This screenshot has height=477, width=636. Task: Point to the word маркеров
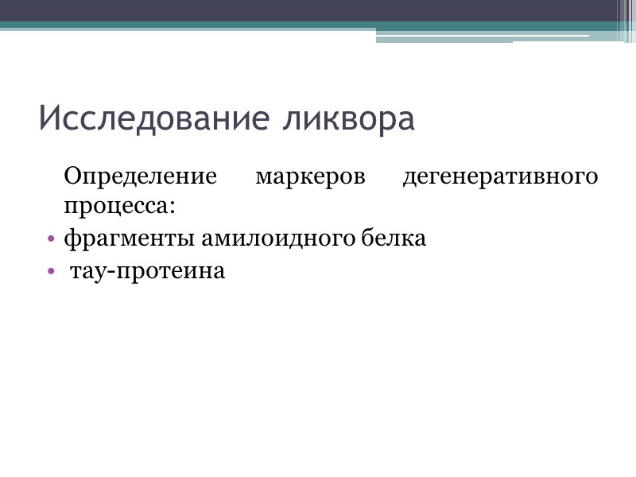pyautogui.click(x=310, y=176)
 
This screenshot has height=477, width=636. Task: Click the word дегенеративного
pyautogui.click(x=500, y=176)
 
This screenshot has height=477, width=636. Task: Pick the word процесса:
pyautogui.click(x=119, y=206)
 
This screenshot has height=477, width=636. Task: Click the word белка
pyautogui.click(x=399, y=238)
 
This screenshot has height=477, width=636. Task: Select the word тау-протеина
pyautogui.click(x=148, y=271)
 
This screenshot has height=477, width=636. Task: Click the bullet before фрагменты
pyautogui.click(x=51, y=238)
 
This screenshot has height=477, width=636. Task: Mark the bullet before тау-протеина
pyautogui.click(x=51, y=272)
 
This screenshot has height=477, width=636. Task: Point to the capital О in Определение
pyautogui.click(x=72, y=176)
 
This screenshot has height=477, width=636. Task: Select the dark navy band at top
pyautogui.click(x=318, y=10)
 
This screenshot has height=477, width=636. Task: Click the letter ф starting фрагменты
pyautogui.click(x=71, y=238)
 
